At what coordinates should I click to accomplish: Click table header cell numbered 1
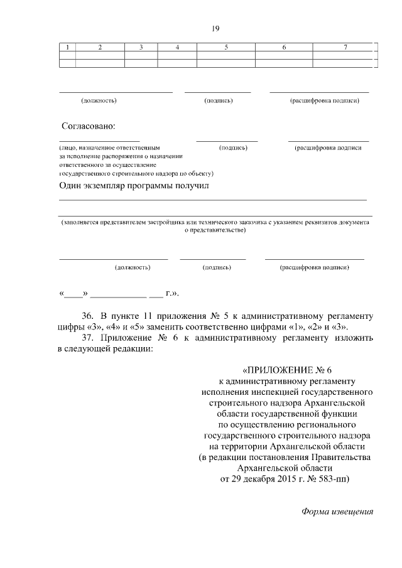[67, 48]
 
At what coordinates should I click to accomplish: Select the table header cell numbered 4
[177, 48]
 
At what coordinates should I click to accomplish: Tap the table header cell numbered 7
[345, 48]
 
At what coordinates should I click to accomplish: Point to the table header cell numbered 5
[225, 48]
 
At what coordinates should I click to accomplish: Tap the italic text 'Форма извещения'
[337, 511]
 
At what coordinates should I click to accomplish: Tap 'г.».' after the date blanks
[173, 293]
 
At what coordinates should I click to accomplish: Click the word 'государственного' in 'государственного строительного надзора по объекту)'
[84, 173]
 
